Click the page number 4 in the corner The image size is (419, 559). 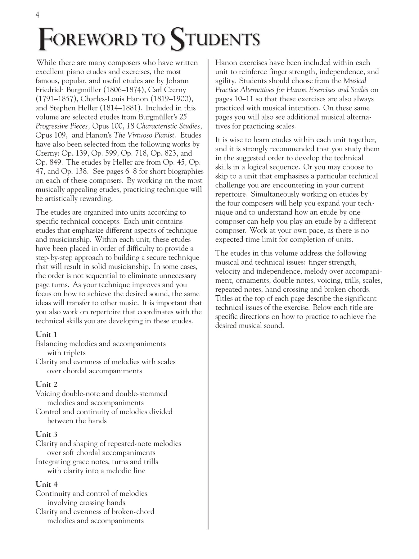coord(38,15)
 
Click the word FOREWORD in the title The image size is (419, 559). coord(87,40)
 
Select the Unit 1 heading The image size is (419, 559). coord(47,334)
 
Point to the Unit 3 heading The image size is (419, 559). coord(47,434)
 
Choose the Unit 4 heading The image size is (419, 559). coord(47,484)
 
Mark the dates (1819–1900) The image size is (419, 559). coord(172,99)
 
